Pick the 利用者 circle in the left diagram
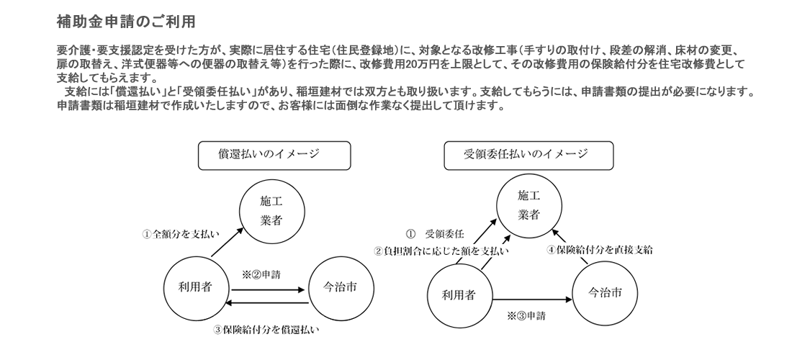[194, 287]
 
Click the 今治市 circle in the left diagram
[338, 287]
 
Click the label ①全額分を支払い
[181, 234]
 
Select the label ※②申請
[262, 274]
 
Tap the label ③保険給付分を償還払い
[266, 330]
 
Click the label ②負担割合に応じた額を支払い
[441, 251]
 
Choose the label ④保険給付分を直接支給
[600, 251]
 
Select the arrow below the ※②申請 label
[266, 289]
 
